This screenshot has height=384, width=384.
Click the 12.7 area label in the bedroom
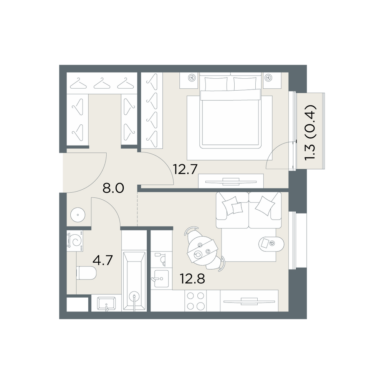[185, 169]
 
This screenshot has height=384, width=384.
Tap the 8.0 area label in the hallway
[113, 188]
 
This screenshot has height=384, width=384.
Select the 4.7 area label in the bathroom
[103, 260]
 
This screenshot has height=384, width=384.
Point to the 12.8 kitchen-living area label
[192, 278]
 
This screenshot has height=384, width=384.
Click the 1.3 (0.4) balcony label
[310, 133]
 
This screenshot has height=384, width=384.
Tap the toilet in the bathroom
[86, 273]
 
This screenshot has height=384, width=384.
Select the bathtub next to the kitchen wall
[134, 281]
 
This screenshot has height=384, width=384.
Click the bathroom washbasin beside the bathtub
[106, 304]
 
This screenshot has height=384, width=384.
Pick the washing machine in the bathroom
[75, 241]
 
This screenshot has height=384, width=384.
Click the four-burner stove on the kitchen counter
[195, 301]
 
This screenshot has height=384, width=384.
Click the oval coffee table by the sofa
[271, 243]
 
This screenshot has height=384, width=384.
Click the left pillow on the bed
[216, 84]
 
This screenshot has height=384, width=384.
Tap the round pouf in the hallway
[78, 215]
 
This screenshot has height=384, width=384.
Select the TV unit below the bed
[231, 181]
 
